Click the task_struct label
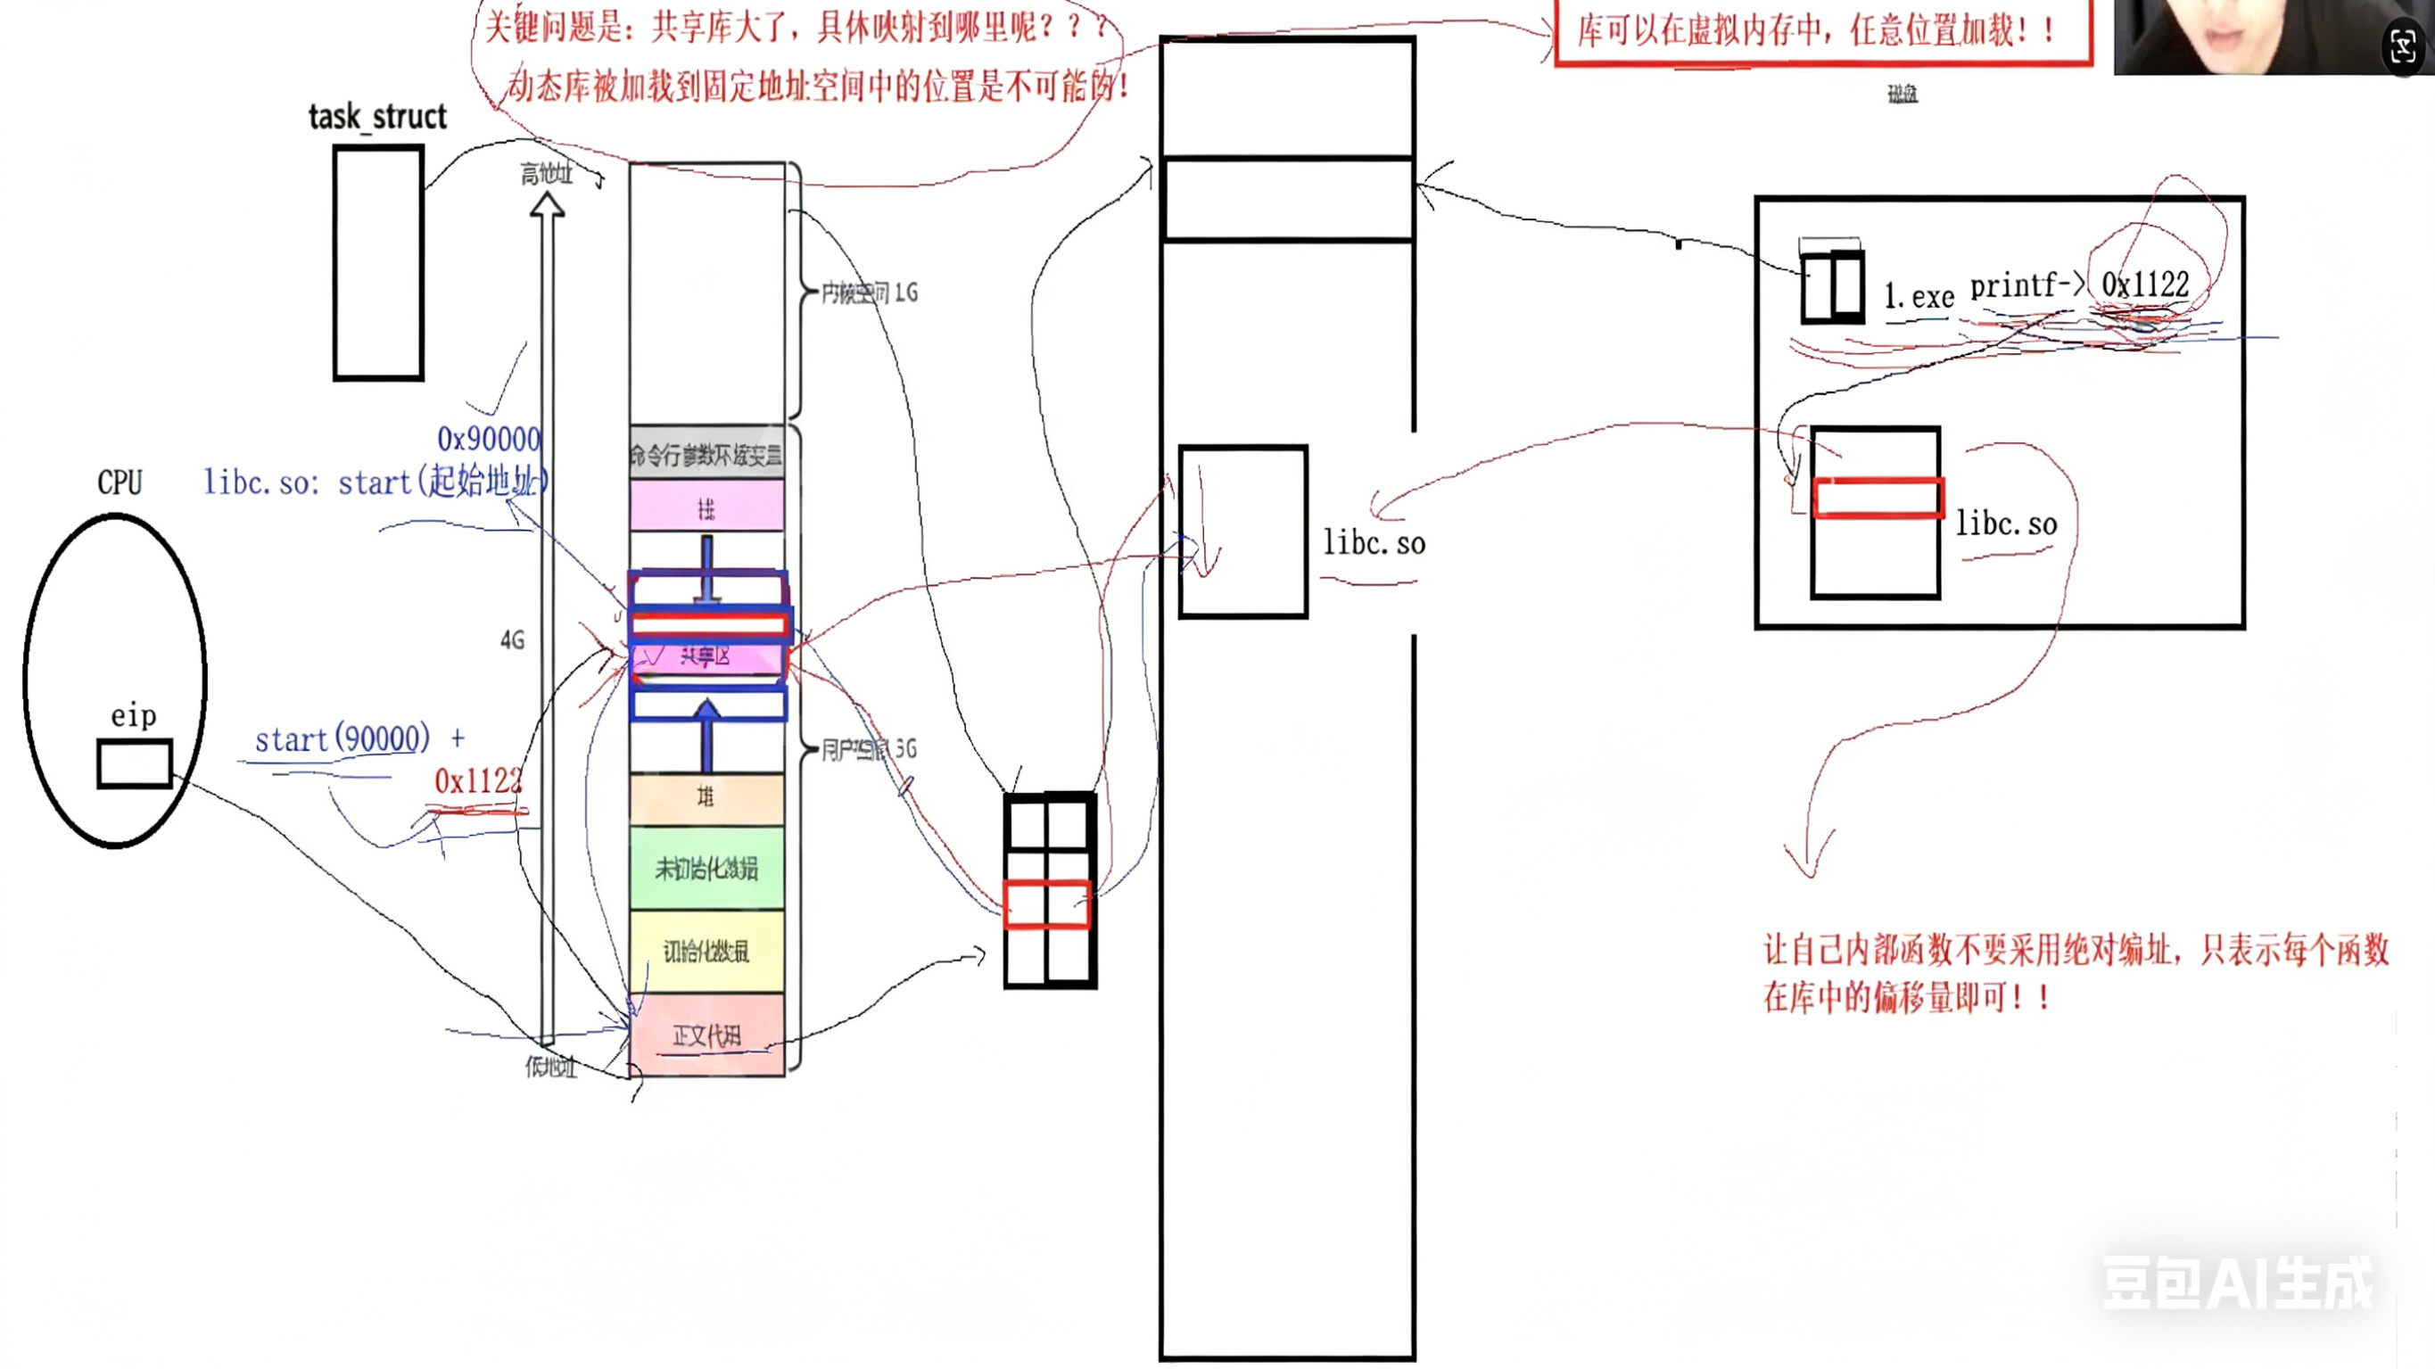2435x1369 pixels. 377,116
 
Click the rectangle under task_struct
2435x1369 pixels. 378,263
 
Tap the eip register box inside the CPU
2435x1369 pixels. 134,763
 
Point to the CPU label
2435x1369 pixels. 120,482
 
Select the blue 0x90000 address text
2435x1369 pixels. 488,439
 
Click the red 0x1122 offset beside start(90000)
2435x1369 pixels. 477,781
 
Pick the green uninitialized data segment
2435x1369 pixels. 706,868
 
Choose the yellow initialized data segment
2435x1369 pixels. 706,951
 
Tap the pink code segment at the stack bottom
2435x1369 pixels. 706,1035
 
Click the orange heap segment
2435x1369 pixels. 706,798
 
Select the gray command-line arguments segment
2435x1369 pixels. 706,455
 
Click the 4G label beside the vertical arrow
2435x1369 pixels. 512,640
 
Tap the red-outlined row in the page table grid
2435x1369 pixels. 1047,904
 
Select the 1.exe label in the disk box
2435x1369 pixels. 1919,297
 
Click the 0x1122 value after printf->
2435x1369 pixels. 2145,284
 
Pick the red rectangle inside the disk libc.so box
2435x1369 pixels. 1878,498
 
